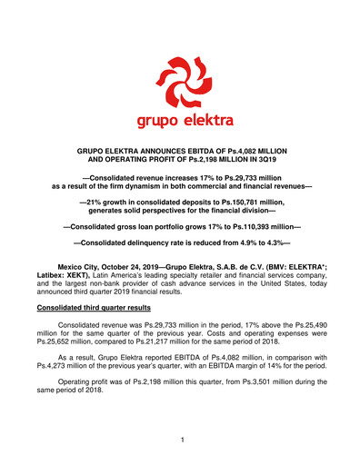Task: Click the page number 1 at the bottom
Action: click(181, 440)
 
